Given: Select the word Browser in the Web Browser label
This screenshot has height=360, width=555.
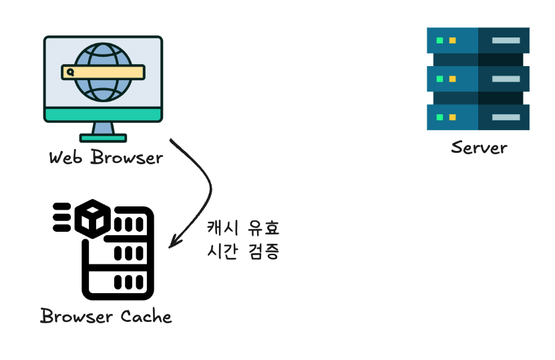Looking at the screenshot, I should coord(126,158).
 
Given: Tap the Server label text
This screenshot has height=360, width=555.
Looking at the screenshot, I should coord(478,147).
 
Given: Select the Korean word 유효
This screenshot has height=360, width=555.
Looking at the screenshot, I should coord(263,228).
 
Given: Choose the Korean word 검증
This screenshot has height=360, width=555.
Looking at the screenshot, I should coord(263,252).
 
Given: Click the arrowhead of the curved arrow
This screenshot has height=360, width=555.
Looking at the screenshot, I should coord(172,242).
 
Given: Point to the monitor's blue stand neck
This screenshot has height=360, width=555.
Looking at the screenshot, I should coord(103,128).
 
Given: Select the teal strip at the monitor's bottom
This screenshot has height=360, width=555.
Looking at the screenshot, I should coord(103,115).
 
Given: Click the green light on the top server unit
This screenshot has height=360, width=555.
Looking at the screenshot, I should coord(439,41).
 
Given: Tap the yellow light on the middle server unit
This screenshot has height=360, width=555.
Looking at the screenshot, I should coord(452,79).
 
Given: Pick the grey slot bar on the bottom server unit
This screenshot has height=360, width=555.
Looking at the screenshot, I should coord(506,118).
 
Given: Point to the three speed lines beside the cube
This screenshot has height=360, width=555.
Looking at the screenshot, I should coord(62,218).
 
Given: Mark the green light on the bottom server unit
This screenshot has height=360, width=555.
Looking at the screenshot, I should coord(439,118).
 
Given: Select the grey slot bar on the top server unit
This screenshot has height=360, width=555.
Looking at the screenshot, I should coord(506,41).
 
